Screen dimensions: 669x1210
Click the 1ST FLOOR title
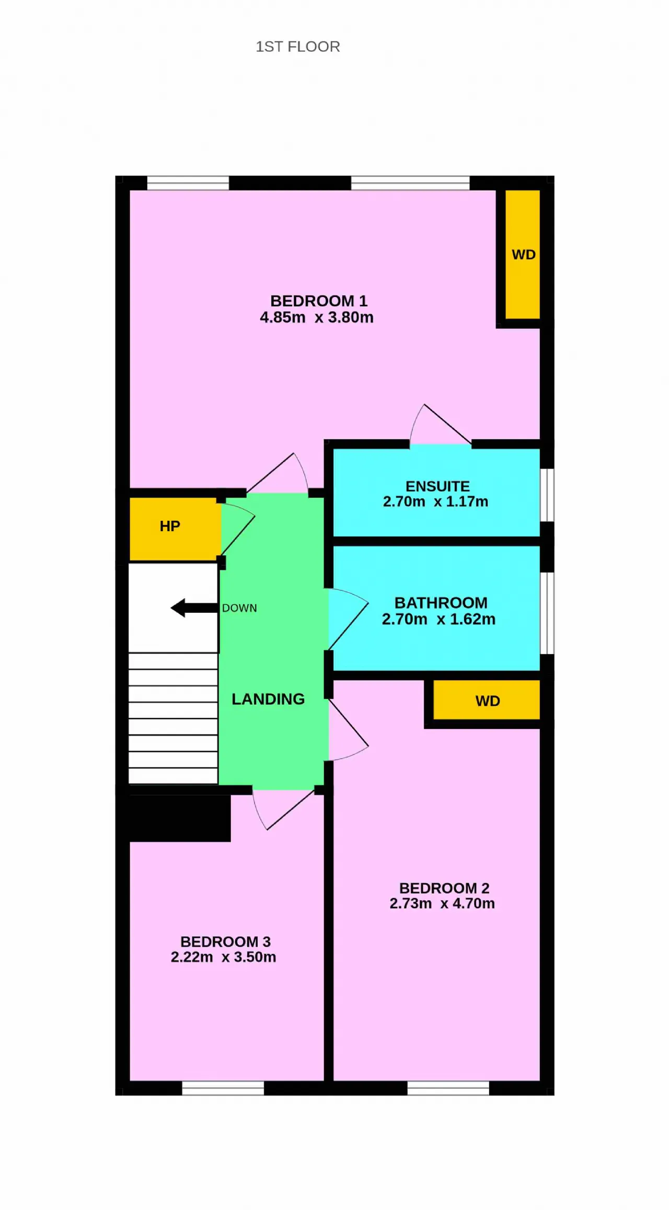click(298, 47)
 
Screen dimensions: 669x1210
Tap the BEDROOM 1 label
click(319, 301)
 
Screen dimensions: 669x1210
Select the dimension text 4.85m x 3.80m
click(317, 317)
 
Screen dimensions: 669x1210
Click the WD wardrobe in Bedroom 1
click(523, 254)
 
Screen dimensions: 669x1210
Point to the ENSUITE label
click(438, 486)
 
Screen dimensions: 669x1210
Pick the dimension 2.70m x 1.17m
click(436, 501)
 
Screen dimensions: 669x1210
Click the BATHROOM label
click(441, 603)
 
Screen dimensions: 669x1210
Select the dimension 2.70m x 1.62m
click(439, 619)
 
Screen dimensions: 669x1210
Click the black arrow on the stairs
click(194, 608)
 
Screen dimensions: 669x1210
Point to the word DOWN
click(239, 608)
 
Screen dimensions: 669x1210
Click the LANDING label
click(268, 699)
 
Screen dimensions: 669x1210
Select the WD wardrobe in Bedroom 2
click(487, 700)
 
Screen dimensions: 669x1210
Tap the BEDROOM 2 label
click(444, 888)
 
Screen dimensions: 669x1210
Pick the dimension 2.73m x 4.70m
click(442, 903)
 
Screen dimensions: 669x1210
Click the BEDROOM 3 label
click(226, 942)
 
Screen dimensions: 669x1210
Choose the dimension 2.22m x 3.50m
click(224, 957)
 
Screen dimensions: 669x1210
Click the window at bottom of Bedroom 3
click(223, 1088)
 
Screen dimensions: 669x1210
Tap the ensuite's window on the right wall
click(547, 495)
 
